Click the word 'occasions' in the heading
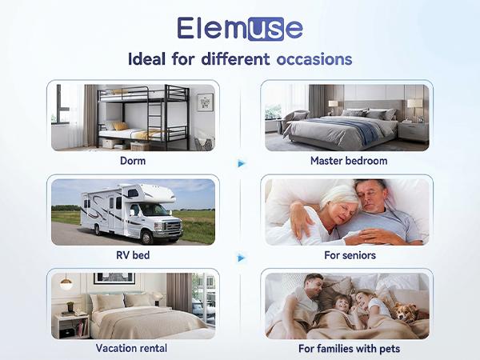tap(314, 60)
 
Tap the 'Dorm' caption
tap(132, 160)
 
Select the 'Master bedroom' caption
tap(349, 161)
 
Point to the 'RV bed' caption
tap(132, 255)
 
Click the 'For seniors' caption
tap(348, 255)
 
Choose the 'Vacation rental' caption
tap(132, 348)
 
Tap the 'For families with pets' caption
tap(349, 348)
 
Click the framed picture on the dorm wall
tap(205, 102)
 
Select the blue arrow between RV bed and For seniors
tap(242, 258)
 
